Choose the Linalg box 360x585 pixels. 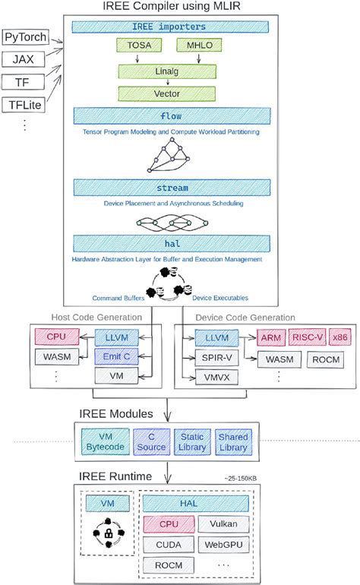(x=169, y=71)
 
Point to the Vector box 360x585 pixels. (x=169, y=93)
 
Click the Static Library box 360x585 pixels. (x=191, y=442)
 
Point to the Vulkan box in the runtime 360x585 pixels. (x=222, y=523)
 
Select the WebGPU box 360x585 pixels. (x=222, y=545)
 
